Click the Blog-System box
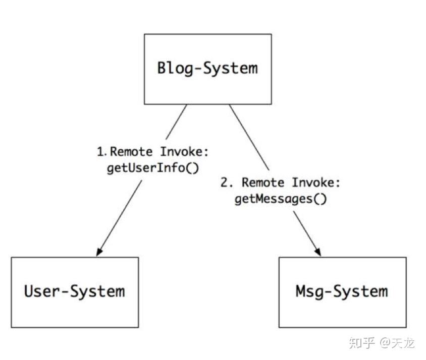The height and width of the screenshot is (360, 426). [207, 69]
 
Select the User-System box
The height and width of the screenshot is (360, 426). [75, 292]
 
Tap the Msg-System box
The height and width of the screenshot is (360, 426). [342, 292]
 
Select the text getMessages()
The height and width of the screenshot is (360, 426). [281, 199]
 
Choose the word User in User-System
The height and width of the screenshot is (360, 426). [42, 291]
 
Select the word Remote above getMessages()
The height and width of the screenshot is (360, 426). [263, 183]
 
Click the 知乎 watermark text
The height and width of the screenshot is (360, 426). [362, 343]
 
